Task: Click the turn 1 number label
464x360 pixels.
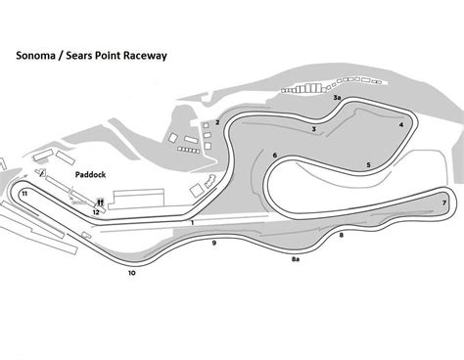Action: (194, 224)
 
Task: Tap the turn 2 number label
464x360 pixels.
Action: (217, 122)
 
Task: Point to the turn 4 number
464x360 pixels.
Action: (401, 125)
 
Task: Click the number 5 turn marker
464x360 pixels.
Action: (368, 164)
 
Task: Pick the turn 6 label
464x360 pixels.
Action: (276, 156)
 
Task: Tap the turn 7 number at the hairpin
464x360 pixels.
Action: (444, 202)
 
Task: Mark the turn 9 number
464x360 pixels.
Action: (213, 242)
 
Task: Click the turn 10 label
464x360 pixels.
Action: (131, 274)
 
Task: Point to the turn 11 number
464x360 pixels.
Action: (23, 194)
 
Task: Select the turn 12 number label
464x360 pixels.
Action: (96, 211)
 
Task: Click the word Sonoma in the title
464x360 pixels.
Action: (36, 56)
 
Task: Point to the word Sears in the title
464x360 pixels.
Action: (81, 56)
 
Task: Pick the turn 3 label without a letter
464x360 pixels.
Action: (313, 129)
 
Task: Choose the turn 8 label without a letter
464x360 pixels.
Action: (341, 236)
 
